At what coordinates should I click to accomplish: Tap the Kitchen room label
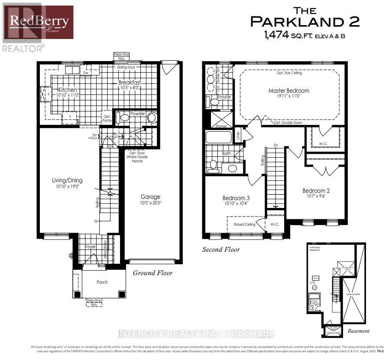coord(68,90)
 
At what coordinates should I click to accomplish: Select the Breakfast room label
coord(130,82)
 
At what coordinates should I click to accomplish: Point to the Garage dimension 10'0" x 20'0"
coord(150,203)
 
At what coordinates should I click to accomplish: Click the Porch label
coord(102,282)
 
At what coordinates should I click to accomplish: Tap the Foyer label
coord(90,246)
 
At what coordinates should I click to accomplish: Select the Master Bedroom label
coord(289,91)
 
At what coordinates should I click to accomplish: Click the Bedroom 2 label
coord(316,191)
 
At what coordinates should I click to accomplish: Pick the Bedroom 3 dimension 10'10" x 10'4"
coord(236,203)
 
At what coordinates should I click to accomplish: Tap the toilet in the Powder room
coord(125,117)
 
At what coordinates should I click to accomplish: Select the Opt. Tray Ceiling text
coord(289,73)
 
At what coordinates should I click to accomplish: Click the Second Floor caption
coord(221,250)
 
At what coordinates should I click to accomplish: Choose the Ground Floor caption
coord(152,272)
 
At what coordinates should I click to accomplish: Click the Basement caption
coord(358,331)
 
